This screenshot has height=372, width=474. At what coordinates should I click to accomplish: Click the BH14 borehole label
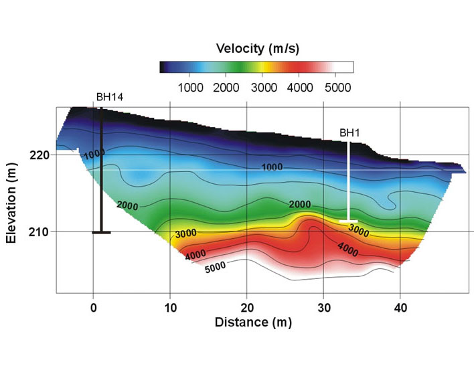pyautogui.click(x=109, y=97)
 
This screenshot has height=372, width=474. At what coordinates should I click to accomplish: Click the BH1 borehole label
pyautogui.click(x=349, y=133)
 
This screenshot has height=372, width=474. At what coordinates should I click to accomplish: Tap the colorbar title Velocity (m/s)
pyautogui.click(x=256, y=49)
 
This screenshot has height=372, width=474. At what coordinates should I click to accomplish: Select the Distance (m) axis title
pyautogui.click(x=252, y=322)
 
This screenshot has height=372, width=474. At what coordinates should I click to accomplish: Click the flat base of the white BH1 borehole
pyautogui.click(x=349, y=221)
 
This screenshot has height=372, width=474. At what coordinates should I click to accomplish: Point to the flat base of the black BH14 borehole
pyautogui.click(x=101, y=232)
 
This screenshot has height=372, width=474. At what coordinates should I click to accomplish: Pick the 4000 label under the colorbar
pyautogui.click(x=301, y=87)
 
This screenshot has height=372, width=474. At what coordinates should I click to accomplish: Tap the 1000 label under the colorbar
pyautogui.click(x=189, y=87)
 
